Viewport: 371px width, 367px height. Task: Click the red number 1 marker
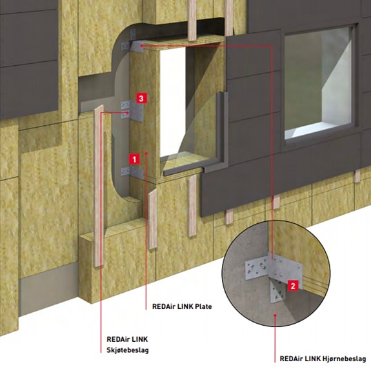click(x=134, y=159)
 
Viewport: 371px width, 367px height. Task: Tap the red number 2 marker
click(x=293, y=286)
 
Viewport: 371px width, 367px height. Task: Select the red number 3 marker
click(x=141, y=98)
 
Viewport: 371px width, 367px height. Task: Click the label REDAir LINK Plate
click(x=182, y=306)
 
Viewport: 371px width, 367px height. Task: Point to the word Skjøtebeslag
click(x=128, y=350)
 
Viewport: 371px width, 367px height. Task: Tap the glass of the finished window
click(x=317, y=78)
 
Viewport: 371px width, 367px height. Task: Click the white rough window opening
click(x=172, y=102)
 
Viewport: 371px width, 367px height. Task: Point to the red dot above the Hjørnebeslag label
click(x=275, y=315)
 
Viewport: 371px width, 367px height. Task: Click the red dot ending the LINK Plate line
click(x=146, y=154)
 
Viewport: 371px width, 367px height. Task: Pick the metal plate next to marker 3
click(x=137, y=111)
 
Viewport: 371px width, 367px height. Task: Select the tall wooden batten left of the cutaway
click(x=99, y=186)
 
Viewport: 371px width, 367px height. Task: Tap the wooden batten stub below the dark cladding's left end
click(x=229, y=217)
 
